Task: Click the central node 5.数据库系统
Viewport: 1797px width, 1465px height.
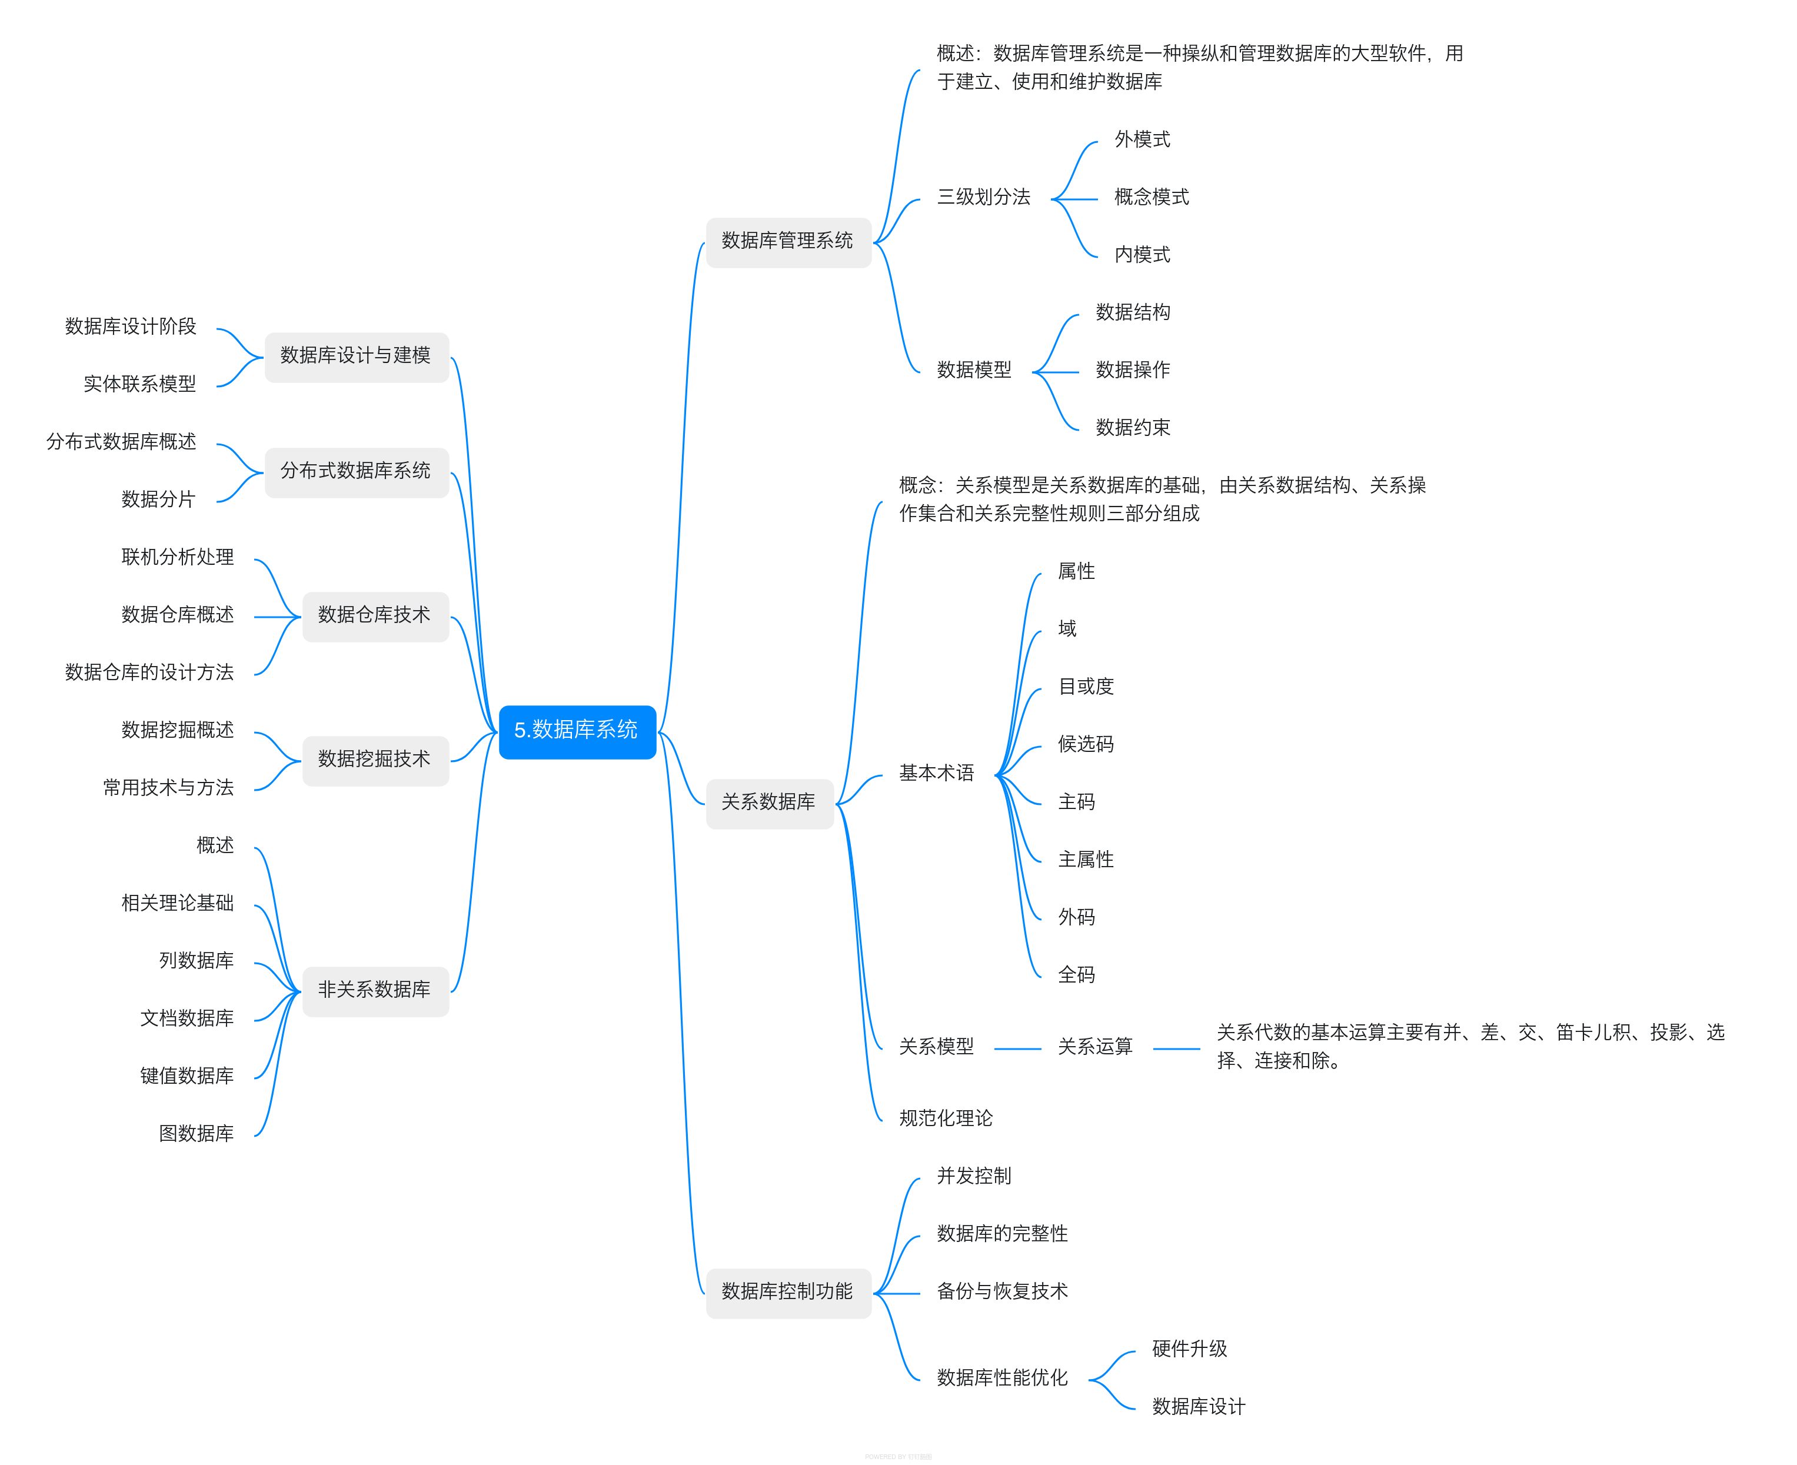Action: coord(577,731)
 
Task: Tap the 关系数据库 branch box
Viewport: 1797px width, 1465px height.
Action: coord(769,803)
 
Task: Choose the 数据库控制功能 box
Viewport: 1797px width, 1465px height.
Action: coord(787,1292)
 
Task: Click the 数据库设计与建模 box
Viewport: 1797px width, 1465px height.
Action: coord(356,356)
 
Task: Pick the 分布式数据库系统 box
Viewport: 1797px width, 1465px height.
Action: coord(356,472)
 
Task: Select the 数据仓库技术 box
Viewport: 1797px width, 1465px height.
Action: coord(375,616)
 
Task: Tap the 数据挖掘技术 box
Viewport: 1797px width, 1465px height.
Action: coord(375,760)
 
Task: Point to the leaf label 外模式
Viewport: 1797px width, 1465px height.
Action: coord(1142,140)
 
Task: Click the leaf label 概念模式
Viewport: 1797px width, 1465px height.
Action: coord(1152,198)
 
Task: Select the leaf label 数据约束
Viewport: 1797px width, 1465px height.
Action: coord(1133,428)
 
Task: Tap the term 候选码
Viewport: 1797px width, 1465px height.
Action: coord(1086,744)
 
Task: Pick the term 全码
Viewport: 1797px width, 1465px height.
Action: coord(1076,975)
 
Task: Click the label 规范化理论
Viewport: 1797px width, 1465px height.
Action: coord(946,1119)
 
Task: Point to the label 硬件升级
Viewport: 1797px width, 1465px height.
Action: coord(1189,1349)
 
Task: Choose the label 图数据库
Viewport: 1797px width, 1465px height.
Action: coord(196,1134)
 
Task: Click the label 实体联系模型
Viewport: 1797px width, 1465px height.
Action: coord(139,385)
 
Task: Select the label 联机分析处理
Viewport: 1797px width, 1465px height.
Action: coord(177,558)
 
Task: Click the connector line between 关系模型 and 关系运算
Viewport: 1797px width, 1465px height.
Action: coord(1017,1049)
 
